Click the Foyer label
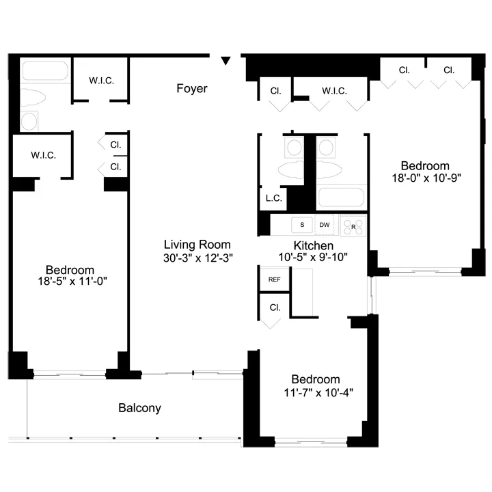click(191, 88)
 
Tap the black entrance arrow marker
click(226, 62)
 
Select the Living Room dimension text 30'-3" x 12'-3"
click(197, 258)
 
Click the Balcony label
click(139, 408)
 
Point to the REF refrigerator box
click(274, 279)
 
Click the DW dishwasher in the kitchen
click(325, 224)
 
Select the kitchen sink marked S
click(301, 224)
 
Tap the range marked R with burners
click(353, 225)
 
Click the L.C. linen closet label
click(273, 199)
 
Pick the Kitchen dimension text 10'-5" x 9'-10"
click(313, 258)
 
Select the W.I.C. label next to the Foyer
click(101, 81)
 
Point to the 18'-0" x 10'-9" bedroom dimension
click(425, 178)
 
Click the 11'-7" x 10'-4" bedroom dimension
click(315, 392)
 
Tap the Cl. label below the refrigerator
click(275, 307)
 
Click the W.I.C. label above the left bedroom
click(43, 155)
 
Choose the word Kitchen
click(313, 245)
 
